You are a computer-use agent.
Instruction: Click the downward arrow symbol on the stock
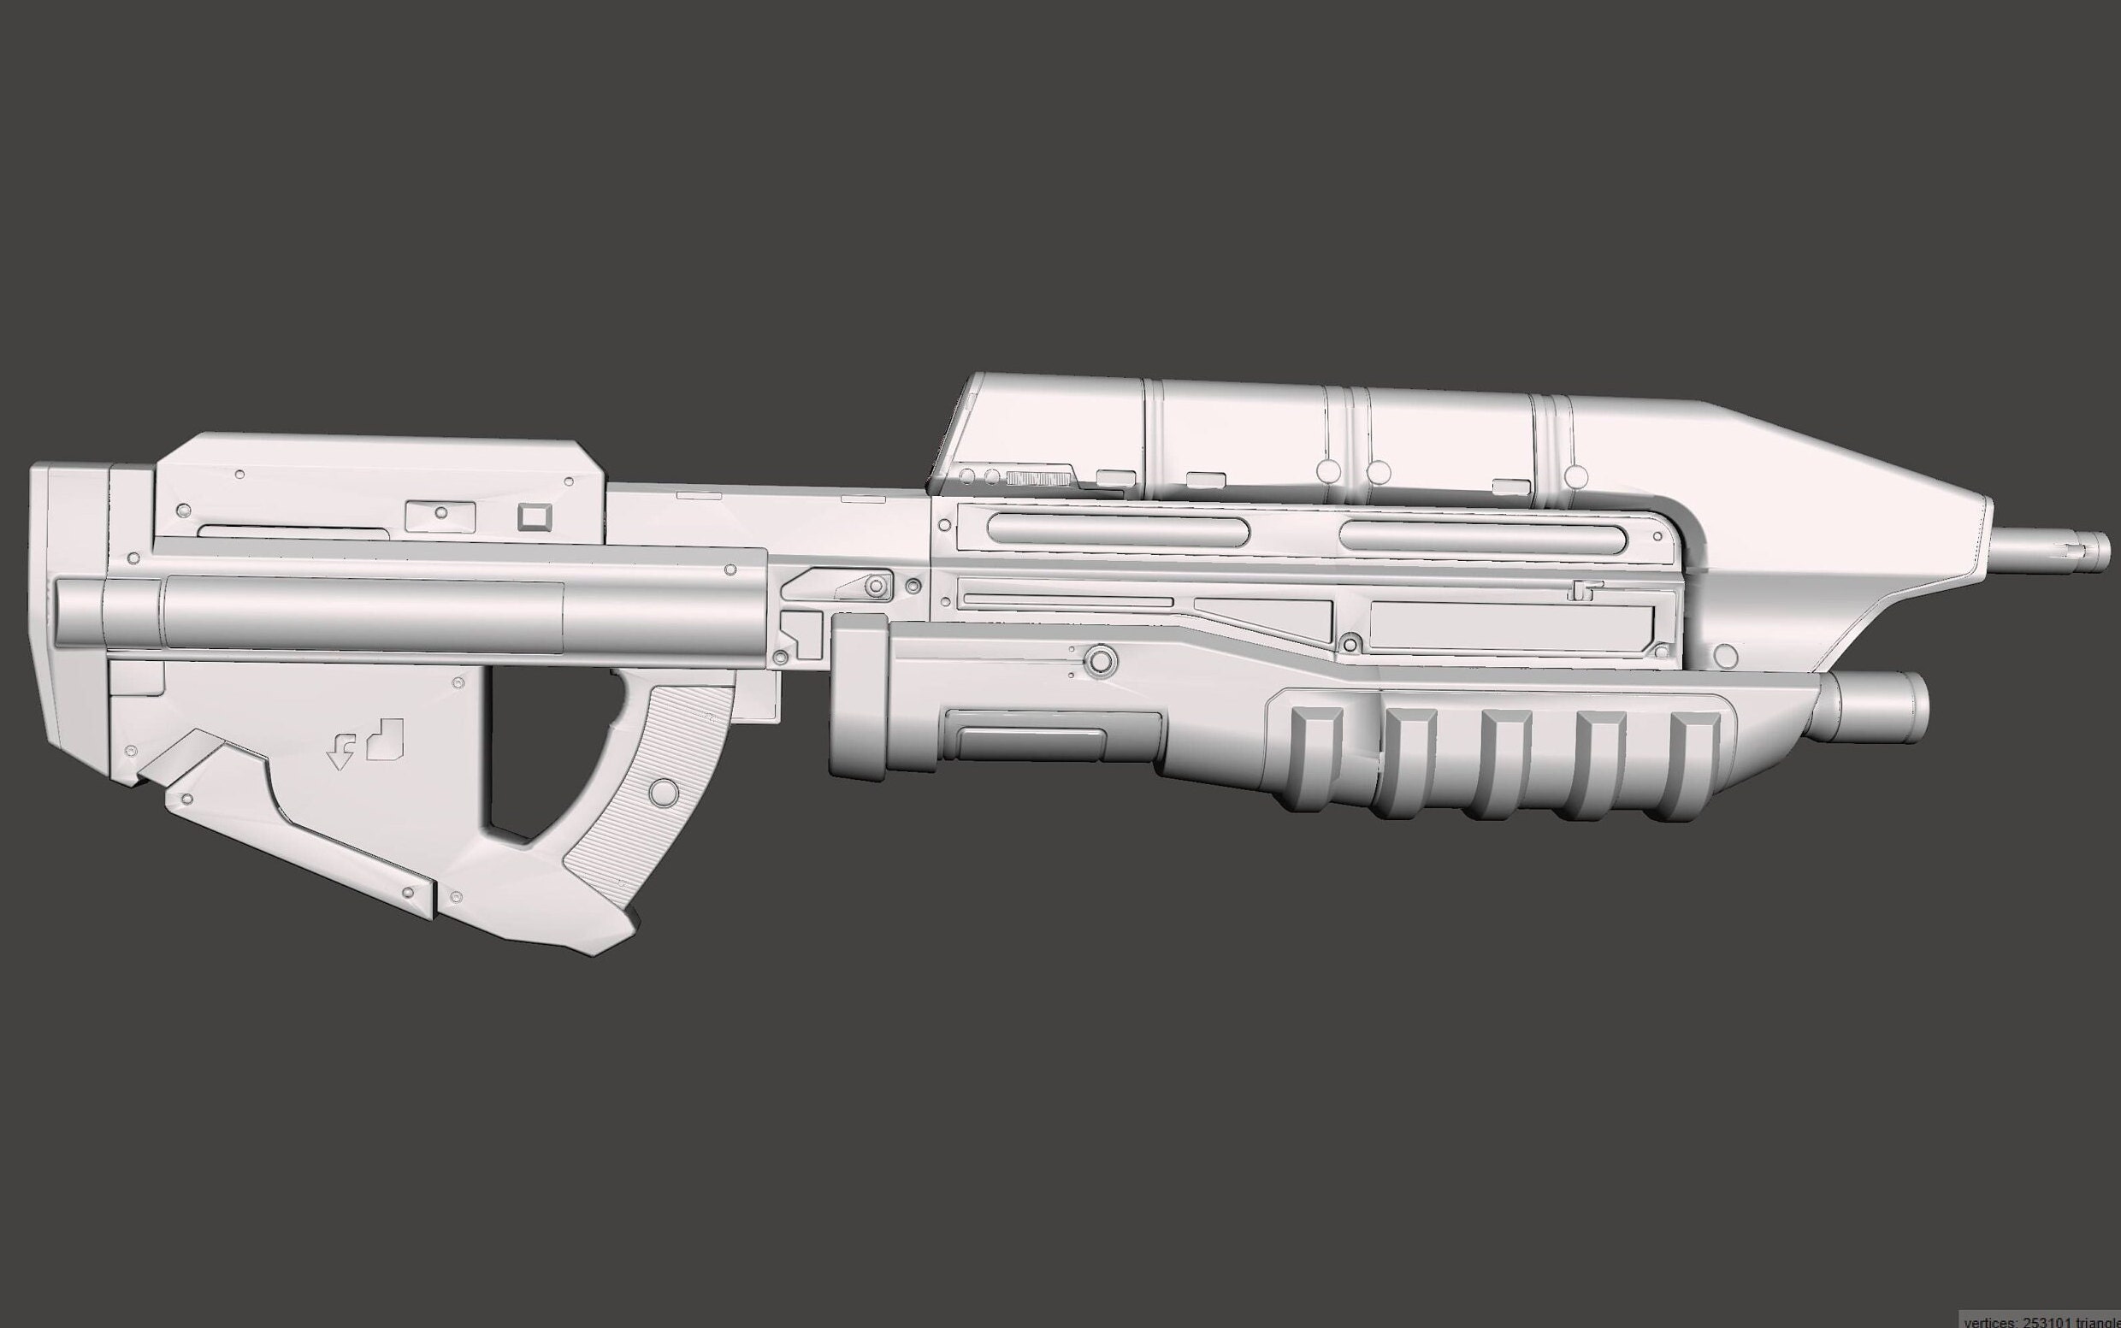pos(340,754)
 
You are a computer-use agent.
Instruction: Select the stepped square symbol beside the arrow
pos(386,739)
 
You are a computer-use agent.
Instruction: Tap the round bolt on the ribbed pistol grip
pos(664,793)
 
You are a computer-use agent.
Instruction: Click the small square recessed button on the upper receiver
pos(533,516)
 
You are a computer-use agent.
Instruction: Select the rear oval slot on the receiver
pos(1117,529)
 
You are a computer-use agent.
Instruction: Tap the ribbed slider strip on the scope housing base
pos(1040,478)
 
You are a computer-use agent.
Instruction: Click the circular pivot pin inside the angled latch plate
pos(875,586)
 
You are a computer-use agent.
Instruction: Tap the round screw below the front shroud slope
pos(1725,655)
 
